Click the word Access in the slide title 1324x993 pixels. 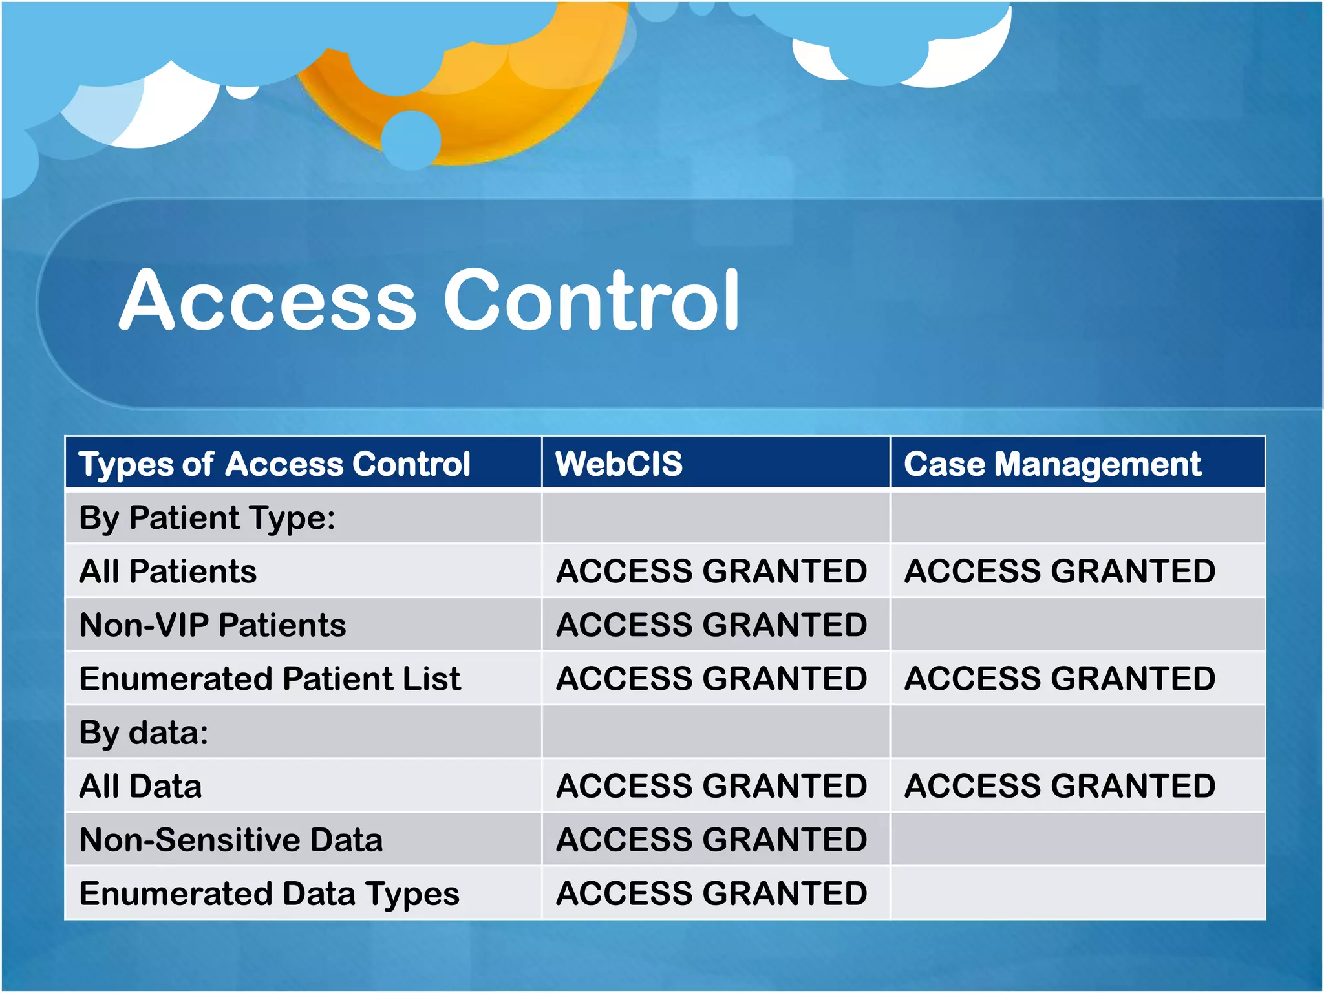coord(268,301)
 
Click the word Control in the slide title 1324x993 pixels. coord(592,301)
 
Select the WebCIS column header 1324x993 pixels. coord(619,464)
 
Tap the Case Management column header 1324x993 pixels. coord(1052,464)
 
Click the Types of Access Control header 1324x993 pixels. coord(274,464)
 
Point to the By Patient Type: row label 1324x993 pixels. coord(207,518)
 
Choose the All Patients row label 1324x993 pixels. coord(167,571)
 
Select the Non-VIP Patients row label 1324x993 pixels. coord(212,625)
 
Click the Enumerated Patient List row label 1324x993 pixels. coord(270,679)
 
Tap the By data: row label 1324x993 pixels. coord(144,732)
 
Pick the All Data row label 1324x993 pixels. coord(140,786)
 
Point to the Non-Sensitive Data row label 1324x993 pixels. coord(231,840)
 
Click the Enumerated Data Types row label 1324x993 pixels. coord(269,893)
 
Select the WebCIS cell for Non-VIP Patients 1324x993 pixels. coord(711,625)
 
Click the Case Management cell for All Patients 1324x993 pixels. coord(1060,571)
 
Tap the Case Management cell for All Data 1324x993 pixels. coord(1060,786)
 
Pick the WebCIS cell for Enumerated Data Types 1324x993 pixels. coord(711,893)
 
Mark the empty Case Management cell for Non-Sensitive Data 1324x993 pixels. coord(1077,840)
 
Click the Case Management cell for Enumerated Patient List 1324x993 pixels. coord(1060,679)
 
